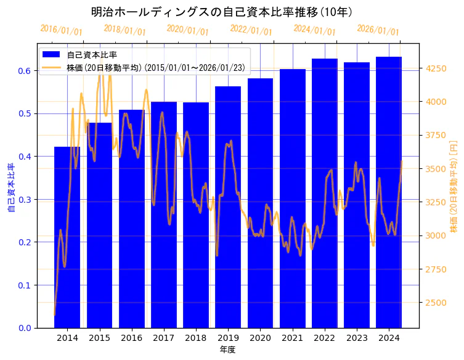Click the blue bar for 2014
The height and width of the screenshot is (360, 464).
(x=67, y=237)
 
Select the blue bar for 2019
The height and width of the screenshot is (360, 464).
(x=228, y=207)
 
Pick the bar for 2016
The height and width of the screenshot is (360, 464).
(x=131, y=219)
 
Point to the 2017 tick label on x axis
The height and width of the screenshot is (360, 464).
(x=163, y=338)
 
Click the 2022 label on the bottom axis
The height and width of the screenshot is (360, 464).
(x=324, y=338)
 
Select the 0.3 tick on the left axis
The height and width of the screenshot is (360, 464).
(x=25, y=200)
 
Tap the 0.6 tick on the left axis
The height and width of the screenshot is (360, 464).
(x=25, y=71)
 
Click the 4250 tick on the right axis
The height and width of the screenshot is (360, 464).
(x=434, y=68)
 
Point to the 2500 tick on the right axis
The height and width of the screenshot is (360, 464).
(x=434, y=303)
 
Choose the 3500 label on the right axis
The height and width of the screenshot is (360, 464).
(x=434, y=169)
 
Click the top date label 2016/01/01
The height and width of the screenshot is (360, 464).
(x=61, y=30)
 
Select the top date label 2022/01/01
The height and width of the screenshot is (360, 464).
(x=251, y=30)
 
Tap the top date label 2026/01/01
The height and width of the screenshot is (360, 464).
(x=378, y=30)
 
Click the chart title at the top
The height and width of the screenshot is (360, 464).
(x=221, y=12)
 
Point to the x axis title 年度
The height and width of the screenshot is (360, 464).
(x=227, y=350)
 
